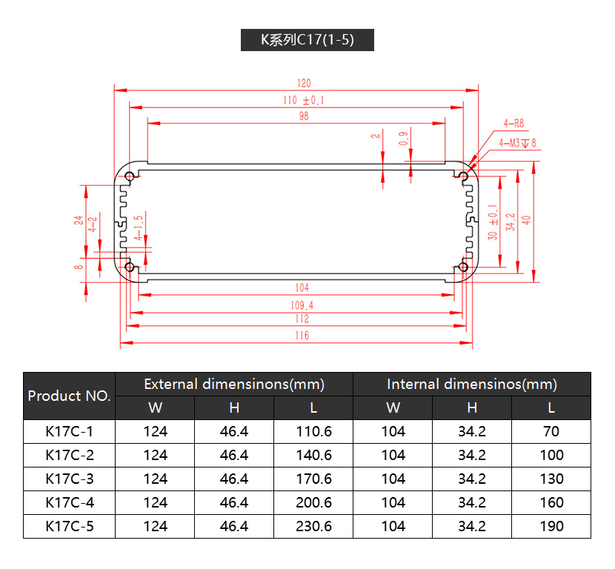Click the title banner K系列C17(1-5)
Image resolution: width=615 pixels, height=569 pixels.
307,39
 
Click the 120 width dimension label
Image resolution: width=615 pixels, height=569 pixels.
304,83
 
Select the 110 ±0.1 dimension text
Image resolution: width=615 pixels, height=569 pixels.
304,100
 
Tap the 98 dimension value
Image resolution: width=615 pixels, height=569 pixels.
304,116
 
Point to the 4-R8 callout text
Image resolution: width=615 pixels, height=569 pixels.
513,124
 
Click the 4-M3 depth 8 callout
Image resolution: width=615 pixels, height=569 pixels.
517,143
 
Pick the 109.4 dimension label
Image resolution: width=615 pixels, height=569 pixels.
302,305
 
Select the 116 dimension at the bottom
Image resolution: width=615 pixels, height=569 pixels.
302,336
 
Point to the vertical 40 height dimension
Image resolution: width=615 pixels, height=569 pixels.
526,220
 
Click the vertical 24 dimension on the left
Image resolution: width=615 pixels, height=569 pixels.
79,220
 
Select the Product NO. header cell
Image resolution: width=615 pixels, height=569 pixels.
69,396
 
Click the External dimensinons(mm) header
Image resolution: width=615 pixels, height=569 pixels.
234,385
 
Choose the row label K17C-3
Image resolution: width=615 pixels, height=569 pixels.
70,479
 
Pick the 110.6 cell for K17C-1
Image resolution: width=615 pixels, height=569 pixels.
313,432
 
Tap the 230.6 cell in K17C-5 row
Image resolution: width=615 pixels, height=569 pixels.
313,526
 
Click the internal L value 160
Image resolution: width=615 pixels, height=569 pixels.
551,503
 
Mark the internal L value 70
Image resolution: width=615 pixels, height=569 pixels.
551,432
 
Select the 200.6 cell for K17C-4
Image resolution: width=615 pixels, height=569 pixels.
313,503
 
